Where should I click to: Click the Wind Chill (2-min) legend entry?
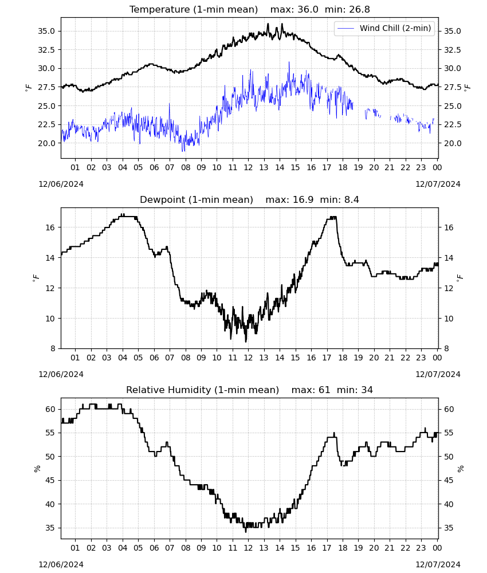pos(384,28)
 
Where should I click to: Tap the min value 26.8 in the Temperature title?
pos(359,10)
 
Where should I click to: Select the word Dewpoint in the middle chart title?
pos(160,200)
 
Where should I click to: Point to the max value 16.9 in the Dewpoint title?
pos(303,200)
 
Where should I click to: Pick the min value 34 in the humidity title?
pos(367,390)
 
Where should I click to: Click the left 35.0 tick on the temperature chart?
pos(46,31)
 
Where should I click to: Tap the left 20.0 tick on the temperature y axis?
pos(46,143)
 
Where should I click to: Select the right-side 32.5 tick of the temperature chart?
pos(452,50)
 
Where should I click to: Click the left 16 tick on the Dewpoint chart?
pos(50,227)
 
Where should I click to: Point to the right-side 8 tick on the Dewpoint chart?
pos(446,348)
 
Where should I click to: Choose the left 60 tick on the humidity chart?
pos(50,409)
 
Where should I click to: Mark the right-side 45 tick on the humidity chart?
pos(449,481)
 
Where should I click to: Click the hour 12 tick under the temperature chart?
pos(249,167)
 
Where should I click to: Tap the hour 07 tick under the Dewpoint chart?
pos(170,358)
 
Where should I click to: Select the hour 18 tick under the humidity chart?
pos(343,548)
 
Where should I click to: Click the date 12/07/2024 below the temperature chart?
pos(438,184)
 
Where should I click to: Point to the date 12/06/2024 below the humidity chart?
pos(61,564)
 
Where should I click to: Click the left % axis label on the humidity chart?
pos(37,469)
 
